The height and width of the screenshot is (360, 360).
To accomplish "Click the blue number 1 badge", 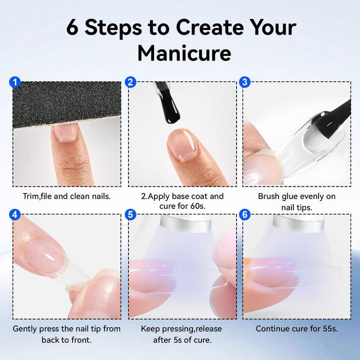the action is pyautogui.click(x=15, y=82).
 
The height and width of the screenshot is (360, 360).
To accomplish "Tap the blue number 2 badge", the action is pyautogui.click(x=130, y=82).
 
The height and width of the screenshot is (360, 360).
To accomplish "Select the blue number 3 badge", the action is pyautogui.click(x=244, y=82).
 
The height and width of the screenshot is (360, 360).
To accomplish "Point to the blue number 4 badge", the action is pyautogui.click(x=15, y=214).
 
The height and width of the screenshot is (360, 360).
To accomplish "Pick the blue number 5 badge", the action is pyautogui.click(x=130, y=214).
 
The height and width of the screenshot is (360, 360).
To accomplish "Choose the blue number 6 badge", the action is pyautogui.click(x=244, y=214).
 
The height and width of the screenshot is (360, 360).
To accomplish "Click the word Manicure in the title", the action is pyautogui.click(x=184, y=53).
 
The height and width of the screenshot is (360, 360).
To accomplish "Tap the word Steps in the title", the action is pyautogui.click(x=113, y=28).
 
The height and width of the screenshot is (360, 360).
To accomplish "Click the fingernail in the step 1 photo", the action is pyautogui.click(x=65, y=132).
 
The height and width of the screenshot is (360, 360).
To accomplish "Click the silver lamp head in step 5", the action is pyautogui.click(x=185, y=222).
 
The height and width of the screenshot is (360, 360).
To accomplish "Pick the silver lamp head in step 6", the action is pyautogui.click(x=298, y=222).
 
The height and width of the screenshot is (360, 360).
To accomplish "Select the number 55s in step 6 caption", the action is pyautogui.click(x=330, y=328).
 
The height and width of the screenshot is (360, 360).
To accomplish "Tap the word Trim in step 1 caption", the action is pyautogui.click(x=30, y=196).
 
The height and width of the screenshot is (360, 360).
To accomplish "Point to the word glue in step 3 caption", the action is pyautogui.click(x=290, y=197).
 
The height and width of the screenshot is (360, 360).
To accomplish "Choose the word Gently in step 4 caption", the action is pyautogui.click(x=25, y=329).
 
